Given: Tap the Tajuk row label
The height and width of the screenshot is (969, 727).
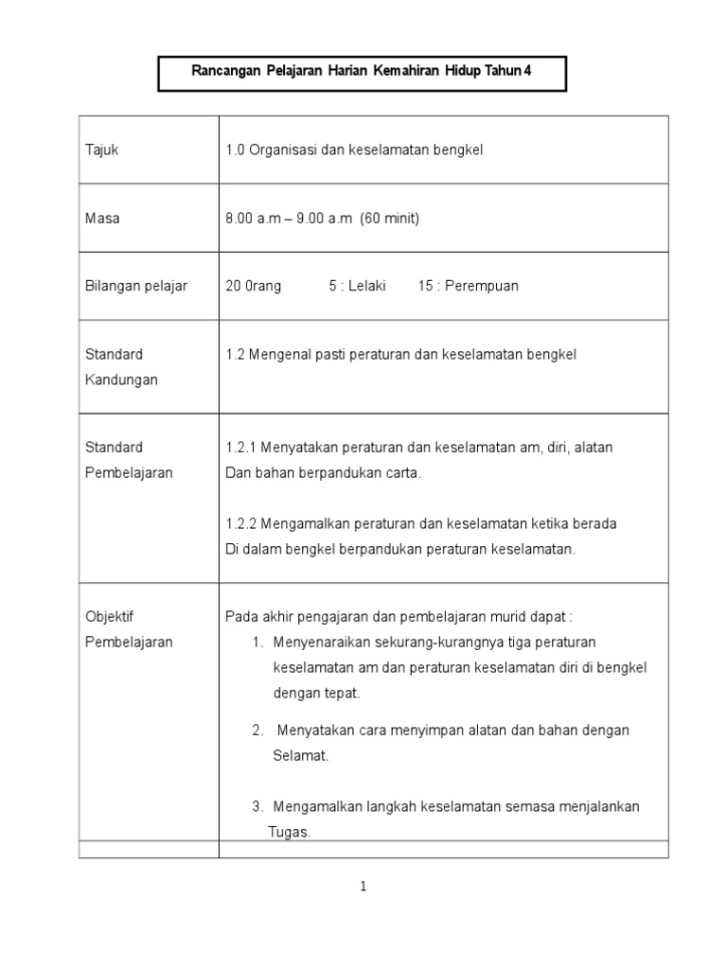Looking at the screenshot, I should pyautogui.click(x=101, y=150).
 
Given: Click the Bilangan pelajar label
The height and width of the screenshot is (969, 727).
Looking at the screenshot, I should pyautogui.click(x=135, y=287).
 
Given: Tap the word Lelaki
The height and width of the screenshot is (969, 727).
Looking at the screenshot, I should pyautogui.click(x=364, y=287).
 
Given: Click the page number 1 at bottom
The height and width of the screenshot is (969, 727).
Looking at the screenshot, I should pyautogui.click(x=363, y=887).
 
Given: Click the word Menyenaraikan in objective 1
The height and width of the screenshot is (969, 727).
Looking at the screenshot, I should pyautogui.click(x=320, y=643).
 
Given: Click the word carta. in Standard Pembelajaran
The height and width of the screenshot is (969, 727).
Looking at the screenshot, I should pyautogui.click(x=402, y=473).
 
